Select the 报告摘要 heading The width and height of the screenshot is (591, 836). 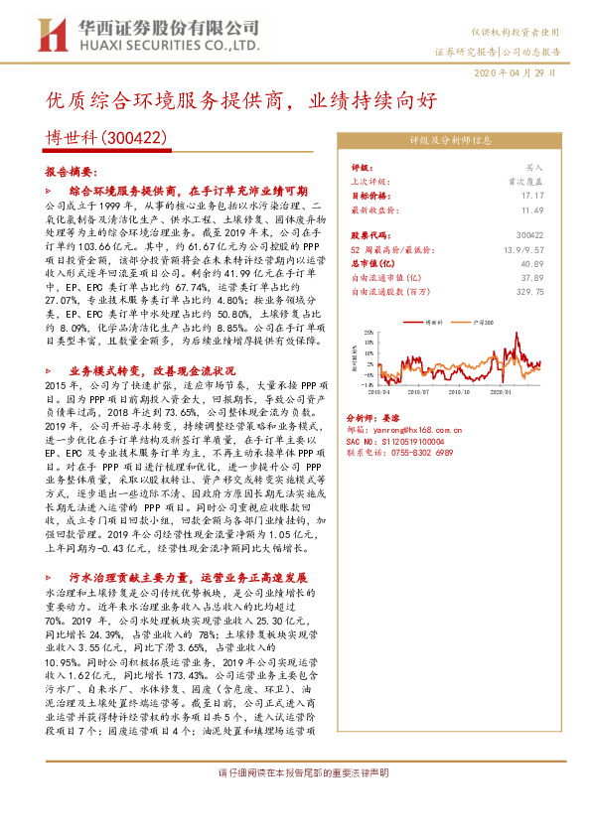(x=70, y=171)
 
